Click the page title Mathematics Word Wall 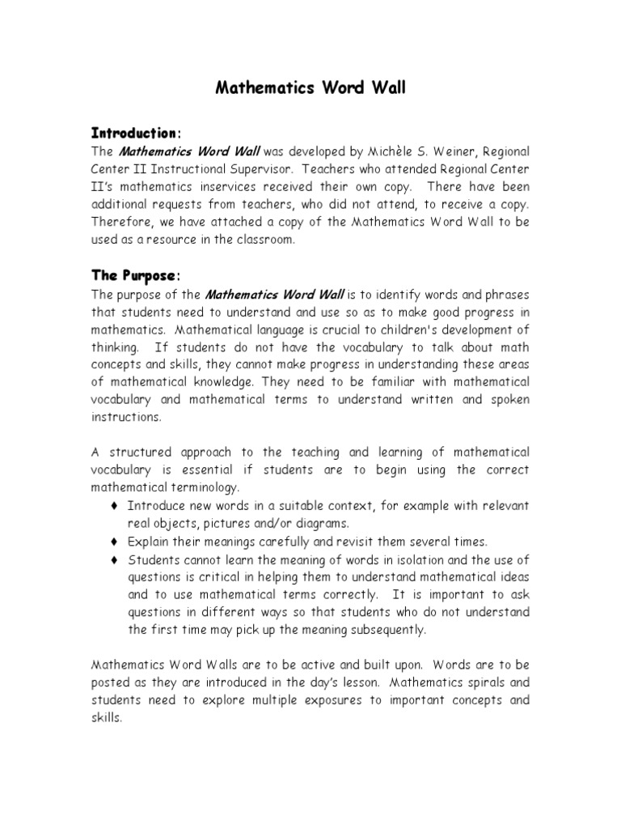[x=310, y=88]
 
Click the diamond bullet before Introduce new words [x=113, y=506]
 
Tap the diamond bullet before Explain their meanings [x=113, y=542]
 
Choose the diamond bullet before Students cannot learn [x=113, y=559]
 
